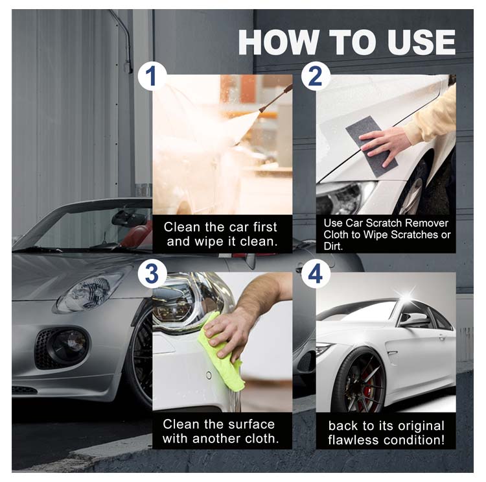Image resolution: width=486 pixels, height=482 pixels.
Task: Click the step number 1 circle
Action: point(152,76)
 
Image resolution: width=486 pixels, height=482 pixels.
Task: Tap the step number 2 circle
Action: point(315,76)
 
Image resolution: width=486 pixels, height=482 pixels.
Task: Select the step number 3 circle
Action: point(152,274)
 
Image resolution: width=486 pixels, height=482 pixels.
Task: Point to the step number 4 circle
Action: point(315,274)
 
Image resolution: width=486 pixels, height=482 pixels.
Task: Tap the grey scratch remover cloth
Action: point(372,147)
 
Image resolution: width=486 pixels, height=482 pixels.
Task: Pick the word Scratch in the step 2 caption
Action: point(385,223)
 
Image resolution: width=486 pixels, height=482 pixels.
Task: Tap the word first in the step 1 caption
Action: point(264,227)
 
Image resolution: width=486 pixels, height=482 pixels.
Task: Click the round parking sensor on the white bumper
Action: point(209,376)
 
